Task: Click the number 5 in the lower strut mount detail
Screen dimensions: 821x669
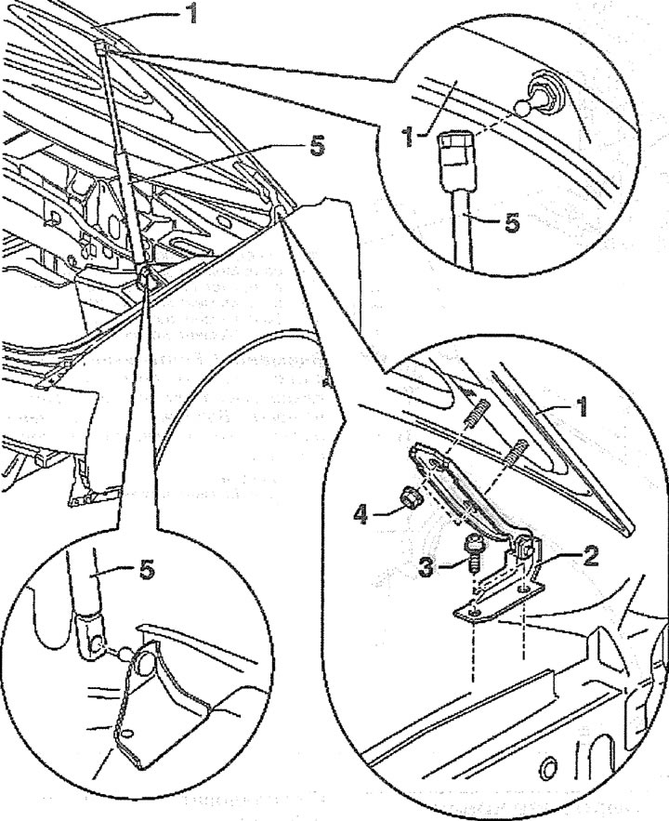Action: (x=147, y=570)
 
